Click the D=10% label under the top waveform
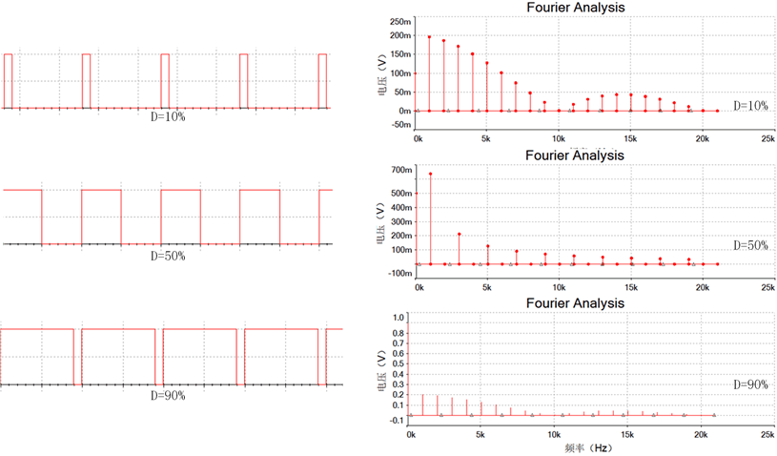168,116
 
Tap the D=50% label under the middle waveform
168,256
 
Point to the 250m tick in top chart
400,21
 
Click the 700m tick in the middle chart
400,170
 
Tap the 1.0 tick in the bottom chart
399,317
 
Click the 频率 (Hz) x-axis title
587,447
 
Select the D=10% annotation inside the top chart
750,105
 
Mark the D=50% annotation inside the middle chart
750,245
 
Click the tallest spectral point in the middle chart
431,174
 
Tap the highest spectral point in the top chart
430,37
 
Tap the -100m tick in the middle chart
399,273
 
